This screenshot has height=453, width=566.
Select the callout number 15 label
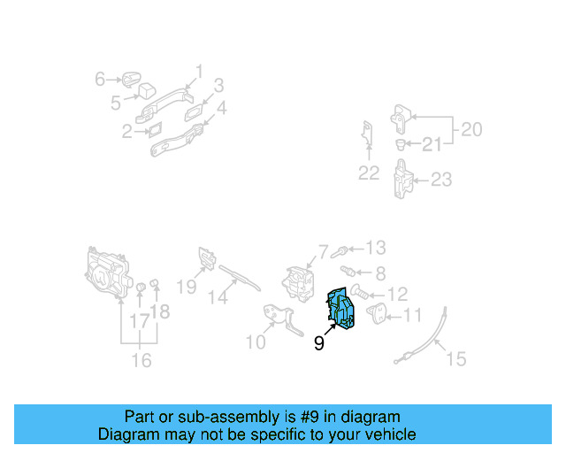coord(455,358)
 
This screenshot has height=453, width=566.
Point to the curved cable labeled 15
coord(429,340)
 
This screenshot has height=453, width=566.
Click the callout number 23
coord(440,180)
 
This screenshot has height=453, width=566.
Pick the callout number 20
coord(470,130)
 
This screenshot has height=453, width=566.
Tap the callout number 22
coord(368,173)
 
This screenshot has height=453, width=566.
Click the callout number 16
coord(141,360)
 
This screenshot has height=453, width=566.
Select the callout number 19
coord(186,286)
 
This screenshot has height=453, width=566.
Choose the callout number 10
coord(255,342)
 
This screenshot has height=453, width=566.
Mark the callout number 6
coord(100,80)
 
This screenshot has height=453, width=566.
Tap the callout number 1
coord(199,71)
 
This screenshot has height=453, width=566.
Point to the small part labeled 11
coord(375,311)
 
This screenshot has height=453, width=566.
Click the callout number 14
coord(218,298)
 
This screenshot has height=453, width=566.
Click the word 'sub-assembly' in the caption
coord(202,417)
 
